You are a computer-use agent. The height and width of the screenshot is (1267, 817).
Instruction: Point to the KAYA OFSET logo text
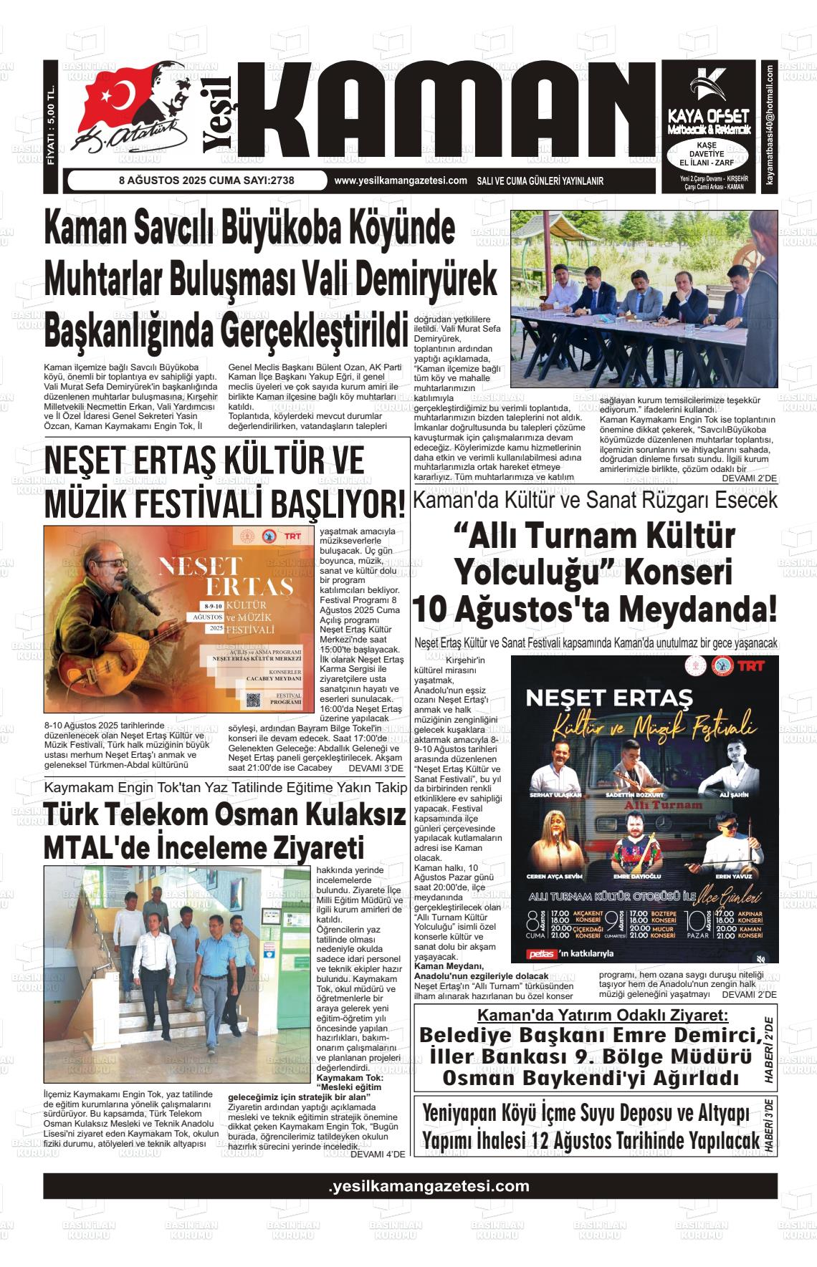[x=708, y=116]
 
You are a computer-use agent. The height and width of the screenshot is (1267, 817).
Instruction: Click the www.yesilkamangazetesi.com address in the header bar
[x=401, y=181]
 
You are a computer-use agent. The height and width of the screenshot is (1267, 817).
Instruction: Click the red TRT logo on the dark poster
[x=750, y=665]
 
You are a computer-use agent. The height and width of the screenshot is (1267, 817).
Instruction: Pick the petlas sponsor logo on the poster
[x=542, y=954]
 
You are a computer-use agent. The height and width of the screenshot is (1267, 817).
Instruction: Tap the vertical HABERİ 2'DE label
[x=769, y=1049]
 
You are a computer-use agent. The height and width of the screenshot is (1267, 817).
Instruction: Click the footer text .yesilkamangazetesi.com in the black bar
[x=429, y=1186]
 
